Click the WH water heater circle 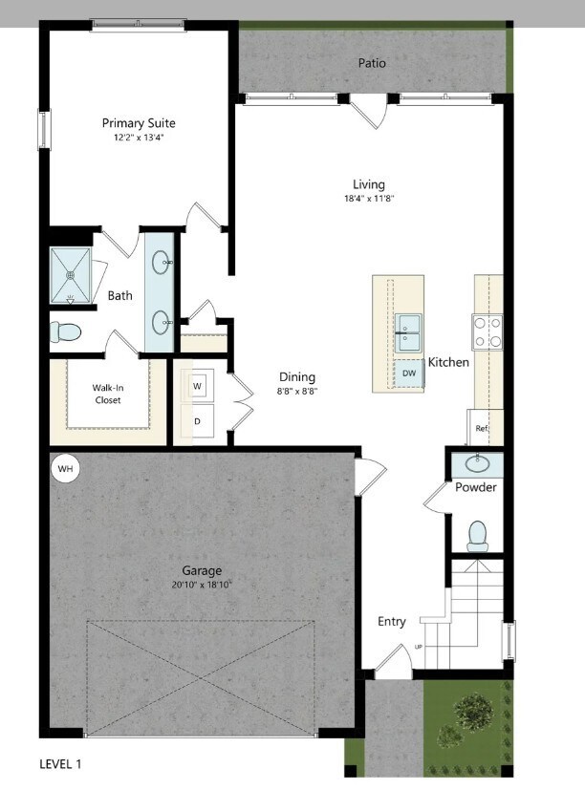point(65,469)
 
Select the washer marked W point(197,386)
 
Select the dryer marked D point(197,420)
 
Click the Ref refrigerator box point(483,428)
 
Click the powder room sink point(476,464)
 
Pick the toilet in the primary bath point(66,332)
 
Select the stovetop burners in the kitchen point(487,332)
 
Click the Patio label point(372,63)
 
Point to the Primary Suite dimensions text point(139,139)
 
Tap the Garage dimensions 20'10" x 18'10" point(202,586)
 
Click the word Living point(368,184)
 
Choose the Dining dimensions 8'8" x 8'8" point(296,392)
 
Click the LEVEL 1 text point(60,764)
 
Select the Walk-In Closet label point(107,394)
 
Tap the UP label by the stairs point(419,648)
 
